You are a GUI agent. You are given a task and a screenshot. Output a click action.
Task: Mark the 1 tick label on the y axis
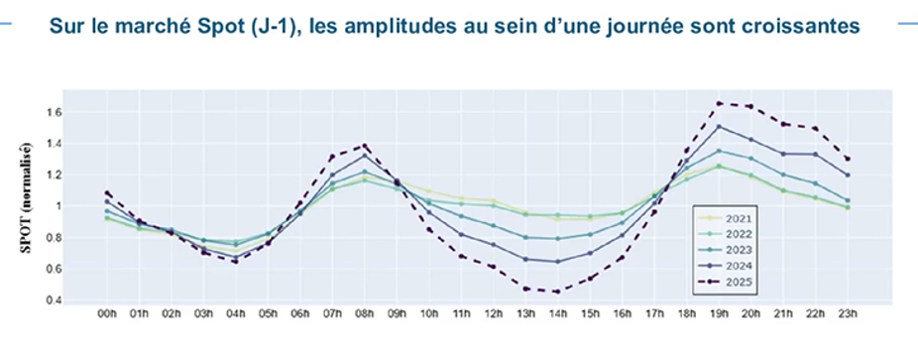click(x=58, y=206)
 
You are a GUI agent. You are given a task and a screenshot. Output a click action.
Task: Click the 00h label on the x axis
click(x=107, y=314)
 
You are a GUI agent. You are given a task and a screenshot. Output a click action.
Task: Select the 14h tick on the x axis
click(x=558, y=314)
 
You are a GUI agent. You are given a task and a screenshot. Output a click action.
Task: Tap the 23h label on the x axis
click(x=848, y=314)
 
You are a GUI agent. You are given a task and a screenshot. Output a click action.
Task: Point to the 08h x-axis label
click(x=365, y=314)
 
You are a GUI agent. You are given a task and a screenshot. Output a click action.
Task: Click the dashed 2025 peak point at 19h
click(x=719, y=103)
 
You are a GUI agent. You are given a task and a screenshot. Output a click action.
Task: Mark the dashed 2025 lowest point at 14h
click(x=558, y=291)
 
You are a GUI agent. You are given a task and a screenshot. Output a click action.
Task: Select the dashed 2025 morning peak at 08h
click(x=365, y=146)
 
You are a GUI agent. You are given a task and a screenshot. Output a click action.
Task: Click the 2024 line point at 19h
click(x=719, y=126)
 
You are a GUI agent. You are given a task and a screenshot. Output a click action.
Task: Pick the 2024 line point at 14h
click(x=558, y=262)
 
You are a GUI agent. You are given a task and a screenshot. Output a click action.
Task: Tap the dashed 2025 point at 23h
click(x=848, y=159)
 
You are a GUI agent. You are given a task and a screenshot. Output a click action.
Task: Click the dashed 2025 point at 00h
click(x=107, y=193)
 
